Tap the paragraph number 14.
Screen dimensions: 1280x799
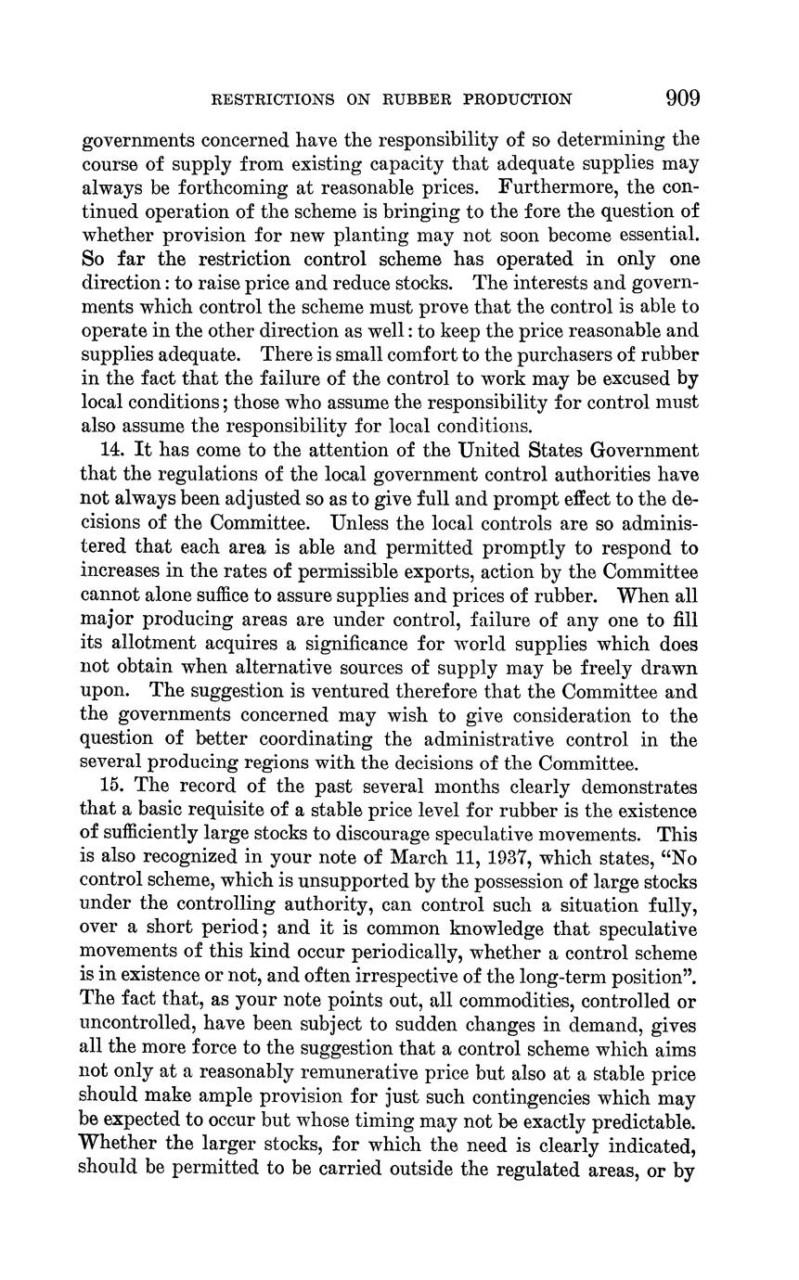pos(112,451)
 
